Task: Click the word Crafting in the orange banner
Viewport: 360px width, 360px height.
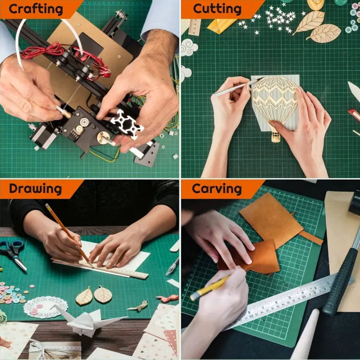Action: [x=36, y=9]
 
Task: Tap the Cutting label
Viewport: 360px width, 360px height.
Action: [x=217, y=9]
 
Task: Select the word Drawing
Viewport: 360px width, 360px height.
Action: [x=35, y=189]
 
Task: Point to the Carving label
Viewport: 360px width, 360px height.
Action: [x=217, y=189]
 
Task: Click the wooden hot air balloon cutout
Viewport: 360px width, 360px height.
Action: [x=275, y=103]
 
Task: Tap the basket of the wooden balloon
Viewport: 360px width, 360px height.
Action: [x=276, y=137]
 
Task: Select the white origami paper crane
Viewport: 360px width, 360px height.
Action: [x=87, y=320]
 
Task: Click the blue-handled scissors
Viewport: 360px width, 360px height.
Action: [x=13, y=252]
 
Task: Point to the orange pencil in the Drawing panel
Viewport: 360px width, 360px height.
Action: [x=69, y=235]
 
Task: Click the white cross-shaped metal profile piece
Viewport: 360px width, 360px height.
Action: [x=127, y=124]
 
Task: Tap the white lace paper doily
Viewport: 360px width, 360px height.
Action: [x=45, y=307]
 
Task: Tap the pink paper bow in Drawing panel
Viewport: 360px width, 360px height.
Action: [x=168, y=298]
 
